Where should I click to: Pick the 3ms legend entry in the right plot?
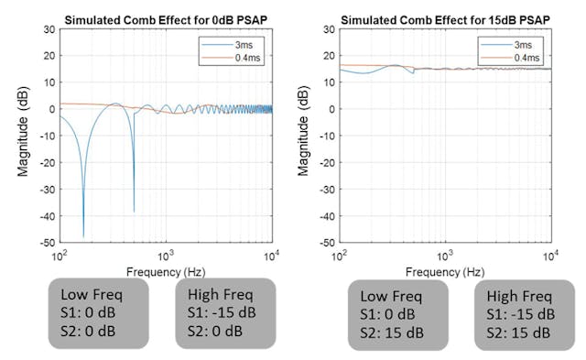point(521,44)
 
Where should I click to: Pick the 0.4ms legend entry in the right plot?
point(524,57)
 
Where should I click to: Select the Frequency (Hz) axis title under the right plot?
point(444,271)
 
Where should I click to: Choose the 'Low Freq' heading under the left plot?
point(90,294)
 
